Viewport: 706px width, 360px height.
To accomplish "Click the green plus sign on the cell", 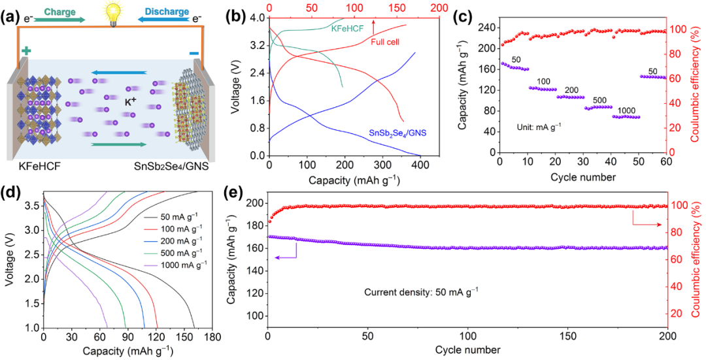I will click(x=26, y=50).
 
